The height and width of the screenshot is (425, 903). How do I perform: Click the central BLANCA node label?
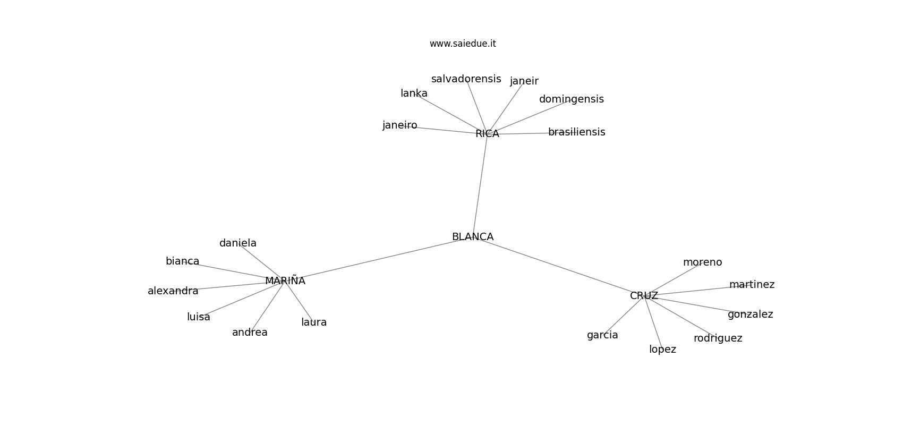pyautogui.click(x=472, y=237)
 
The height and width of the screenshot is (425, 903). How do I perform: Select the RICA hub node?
pyautogui.click(x=487, y=133)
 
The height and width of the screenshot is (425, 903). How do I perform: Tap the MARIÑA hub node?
pyautogui.click(x=285, y=280)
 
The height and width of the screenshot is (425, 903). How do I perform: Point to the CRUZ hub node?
pyautogui.click(x=644, y=295)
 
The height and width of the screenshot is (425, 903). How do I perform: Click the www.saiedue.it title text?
pyautogui.click(x=463, y=44)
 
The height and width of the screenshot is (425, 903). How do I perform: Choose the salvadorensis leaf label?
pyautogui.click(x=466, y=79)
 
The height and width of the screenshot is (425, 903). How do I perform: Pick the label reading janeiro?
pyautogui.click(x=399, y=125)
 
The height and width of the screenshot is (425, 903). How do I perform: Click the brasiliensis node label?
pyautogui.click(x=576, y=132)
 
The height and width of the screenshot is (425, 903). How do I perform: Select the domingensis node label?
pyautogui.click(x=571, y=99)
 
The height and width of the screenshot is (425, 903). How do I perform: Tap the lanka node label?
pyautogui.click(x=414, y=93)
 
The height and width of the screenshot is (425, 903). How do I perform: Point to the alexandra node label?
pyautogui.click(x=173, y=291)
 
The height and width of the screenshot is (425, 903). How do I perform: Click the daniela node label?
pyautogui.click(x=238, y=243)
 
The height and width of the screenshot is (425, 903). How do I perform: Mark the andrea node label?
pyautogui.click(x=250, y=332)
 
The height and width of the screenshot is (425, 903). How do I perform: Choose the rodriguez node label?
pyautogui.click(x=718, y=338)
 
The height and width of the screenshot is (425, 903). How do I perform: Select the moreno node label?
pyautogui.click(x=702, y=262)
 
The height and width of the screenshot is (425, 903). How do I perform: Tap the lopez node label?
pyautogui.click(x=662, y=350)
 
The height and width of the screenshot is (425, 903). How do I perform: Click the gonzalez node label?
pyautogui.click(x=750, y=314)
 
